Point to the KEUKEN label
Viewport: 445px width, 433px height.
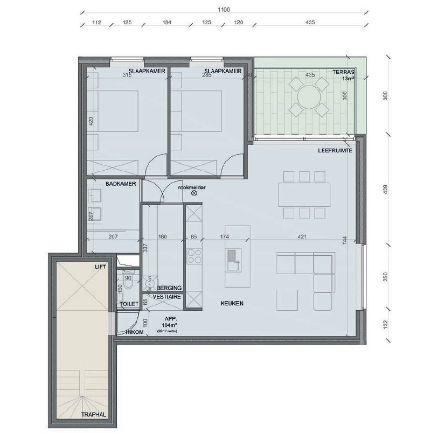(x=232, y=304)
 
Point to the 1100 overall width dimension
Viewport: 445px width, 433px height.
(x=224, y=10)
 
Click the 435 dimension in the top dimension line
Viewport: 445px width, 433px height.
(x=309, y=23)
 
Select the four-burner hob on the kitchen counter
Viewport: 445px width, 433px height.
(x=193, y=255)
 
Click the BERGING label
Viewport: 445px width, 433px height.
(x=170, y=288)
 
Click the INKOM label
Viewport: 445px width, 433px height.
(x=134, y=332)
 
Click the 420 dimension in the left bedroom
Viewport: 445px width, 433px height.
(x=91, y=122)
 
